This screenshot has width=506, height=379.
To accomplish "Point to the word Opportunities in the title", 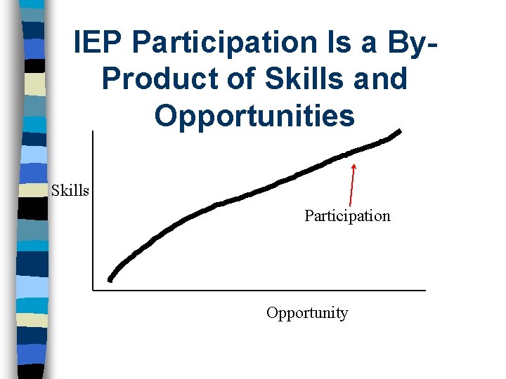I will (x=254, y=115).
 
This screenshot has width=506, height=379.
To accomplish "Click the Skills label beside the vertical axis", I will (x=70, y=190).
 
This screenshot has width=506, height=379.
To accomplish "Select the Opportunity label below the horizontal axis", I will (x=307, y=313).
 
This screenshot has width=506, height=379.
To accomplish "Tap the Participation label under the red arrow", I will (x=347, y=215).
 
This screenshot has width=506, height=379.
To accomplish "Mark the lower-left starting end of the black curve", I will (x=110, y=279).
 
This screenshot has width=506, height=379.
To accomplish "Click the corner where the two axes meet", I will (x=93, y=289).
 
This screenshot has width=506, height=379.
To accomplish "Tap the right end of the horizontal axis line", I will (x=425, y=289).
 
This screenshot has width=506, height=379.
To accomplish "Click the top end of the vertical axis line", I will (x=93, y=132).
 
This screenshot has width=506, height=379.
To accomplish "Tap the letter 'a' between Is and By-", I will (x=364, y=44).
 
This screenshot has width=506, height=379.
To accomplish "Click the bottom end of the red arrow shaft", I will (x=350, y=204).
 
